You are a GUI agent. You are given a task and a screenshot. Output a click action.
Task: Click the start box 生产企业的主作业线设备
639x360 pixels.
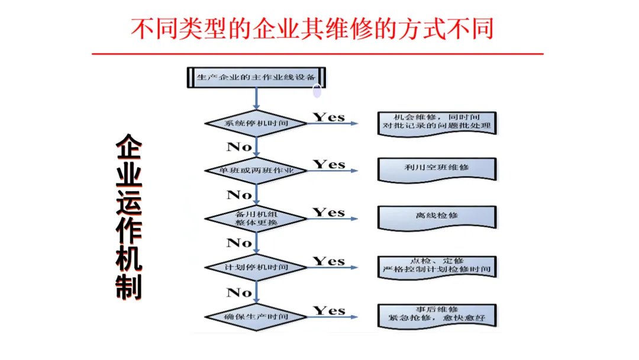(256, 78)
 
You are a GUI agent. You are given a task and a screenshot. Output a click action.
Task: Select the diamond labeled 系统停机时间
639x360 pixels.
(256, 124)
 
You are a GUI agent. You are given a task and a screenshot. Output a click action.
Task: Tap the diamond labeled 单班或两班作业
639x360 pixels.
(256, 171)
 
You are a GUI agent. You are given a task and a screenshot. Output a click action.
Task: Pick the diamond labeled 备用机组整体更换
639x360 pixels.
(256, 218)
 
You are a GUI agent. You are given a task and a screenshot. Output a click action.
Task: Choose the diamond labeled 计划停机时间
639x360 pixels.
(256, 268)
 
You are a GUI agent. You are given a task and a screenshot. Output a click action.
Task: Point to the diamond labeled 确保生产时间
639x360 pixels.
(256, 316)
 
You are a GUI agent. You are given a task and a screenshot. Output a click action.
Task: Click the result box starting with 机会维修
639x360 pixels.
(437, 123)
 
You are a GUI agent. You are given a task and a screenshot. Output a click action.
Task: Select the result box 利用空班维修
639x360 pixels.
(437, 168)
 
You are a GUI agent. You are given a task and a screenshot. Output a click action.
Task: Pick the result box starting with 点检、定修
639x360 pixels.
(437, 265)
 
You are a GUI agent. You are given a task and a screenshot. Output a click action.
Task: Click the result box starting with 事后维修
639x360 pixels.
(437, 314)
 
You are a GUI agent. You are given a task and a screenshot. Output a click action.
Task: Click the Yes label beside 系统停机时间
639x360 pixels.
(329, 117)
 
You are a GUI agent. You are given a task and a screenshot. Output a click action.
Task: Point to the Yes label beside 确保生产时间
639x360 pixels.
(329, 310)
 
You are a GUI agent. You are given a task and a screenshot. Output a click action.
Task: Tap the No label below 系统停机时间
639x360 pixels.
(239, 146)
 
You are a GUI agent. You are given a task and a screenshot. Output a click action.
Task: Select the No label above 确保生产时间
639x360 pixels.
(239, 292)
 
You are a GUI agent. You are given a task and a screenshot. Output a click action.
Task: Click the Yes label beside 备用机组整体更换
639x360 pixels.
(329, 212)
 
